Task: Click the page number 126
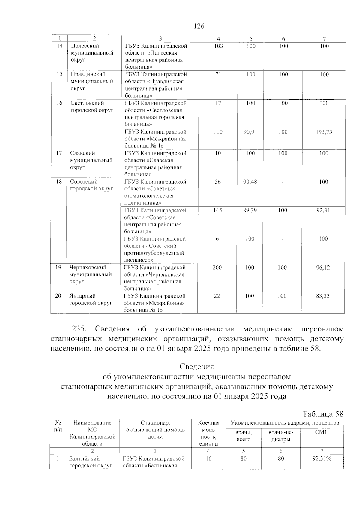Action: click(199, 26)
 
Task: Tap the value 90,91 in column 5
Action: click(250, 132)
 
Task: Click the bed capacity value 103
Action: click(219, 46)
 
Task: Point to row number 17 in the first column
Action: click(59, 153)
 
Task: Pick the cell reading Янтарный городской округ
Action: click(91, 299)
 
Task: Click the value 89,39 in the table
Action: click(250, 211)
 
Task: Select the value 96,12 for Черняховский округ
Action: click(323, 268)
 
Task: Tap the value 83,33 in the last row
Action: click(323, 296)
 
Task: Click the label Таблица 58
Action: click(323, 414)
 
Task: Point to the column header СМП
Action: click(322, 432)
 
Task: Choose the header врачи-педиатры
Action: click(280, 436)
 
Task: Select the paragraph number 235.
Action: click(79, 329)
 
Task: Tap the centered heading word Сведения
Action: click(197, 367)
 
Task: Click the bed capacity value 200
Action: click(217, 268)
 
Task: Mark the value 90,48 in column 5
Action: click(250, 182)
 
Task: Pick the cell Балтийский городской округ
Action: click(91, 462)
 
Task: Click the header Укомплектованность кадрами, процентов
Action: click(285, 423)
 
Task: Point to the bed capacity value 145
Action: click(217, 211)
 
